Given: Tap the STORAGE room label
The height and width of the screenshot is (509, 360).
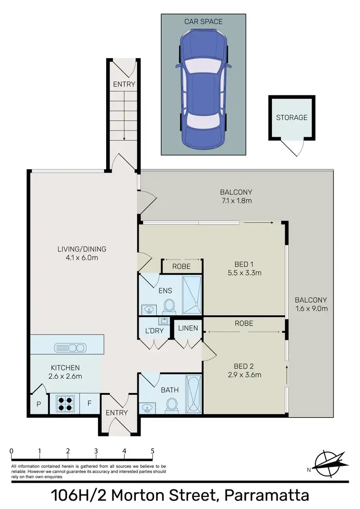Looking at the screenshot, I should tap(291, 117).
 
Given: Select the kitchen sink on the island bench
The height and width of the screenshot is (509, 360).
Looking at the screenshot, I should tap(70, 347).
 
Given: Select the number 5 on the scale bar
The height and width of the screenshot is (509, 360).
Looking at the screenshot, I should tap(153, 451).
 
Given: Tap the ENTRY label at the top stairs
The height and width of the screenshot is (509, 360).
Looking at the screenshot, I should tap(124, 84).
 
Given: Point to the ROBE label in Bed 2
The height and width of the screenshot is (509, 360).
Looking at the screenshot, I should tap(244, 323).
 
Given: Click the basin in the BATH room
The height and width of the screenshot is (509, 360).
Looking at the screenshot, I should tap(147, 407).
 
